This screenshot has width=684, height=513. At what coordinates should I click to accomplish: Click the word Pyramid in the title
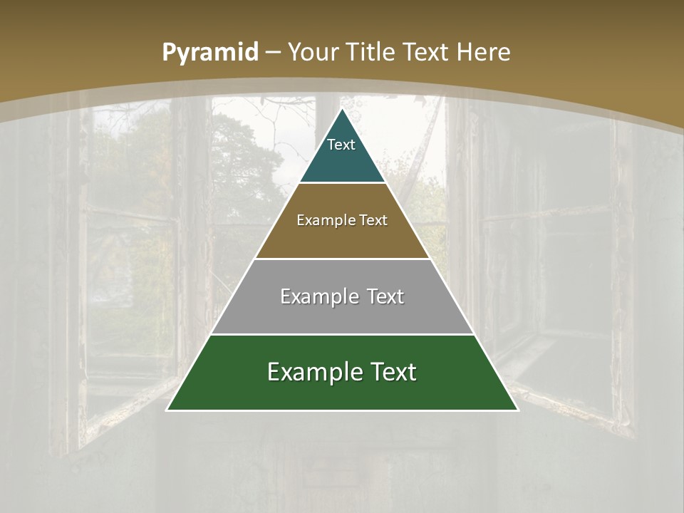click(x=209, y=53)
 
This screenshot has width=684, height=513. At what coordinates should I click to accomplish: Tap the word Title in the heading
click(x=371, y=52)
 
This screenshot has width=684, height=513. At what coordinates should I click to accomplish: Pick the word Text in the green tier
click(x=391, y=372)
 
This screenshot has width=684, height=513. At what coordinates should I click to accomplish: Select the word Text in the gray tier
click(x=383, y=296)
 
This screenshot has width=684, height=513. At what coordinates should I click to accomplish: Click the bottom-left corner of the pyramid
click(x=167, y=410)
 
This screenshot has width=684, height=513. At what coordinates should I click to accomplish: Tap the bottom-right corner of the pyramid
click(x=517, y=410)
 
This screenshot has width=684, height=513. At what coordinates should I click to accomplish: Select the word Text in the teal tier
click(x=341, y=145)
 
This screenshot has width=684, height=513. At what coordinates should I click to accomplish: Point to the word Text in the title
click(x=426, y=52)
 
